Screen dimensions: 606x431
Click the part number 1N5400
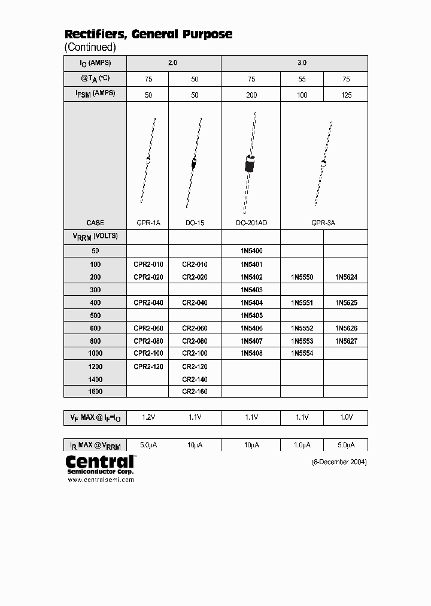pos(251,251)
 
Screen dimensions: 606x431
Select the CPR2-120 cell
pos(148,366)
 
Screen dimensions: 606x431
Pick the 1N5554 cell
pos(302,353)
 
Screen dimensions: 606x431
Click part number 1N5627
pos(346,341)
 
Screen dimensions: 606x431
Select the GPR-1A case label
pos(148,223)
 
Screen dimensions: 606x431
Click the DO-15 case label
pos(195,223)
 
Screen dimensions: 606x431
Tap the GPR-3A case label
pos(323,223)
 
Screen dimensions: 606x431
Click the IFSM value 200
pos(251,95)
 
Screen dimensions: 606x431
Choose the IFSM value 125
pos(345,95)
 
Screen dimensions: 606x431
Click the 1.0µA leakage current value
pos(302,446)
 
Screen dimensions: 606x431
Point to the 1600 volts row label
pos(95,392)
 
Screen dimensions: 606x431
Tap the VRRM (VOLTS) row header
pos(95,237)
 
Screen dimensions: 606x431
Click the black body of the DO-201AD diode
pos(250,163)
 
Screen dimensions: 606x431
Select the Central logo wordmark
pos(99,462)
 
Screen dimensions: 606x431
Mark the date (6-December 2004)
pos(339,462)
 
